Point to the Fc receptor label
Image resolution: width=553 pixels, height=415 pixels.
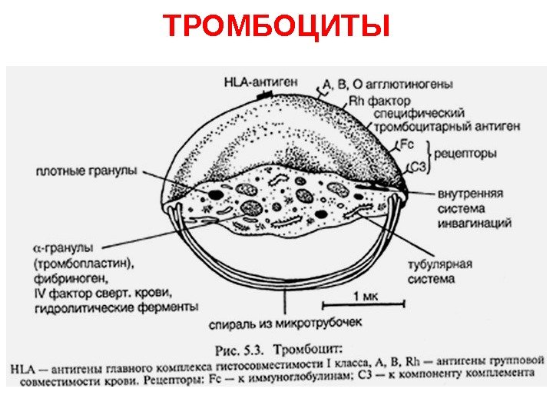coord(408,144)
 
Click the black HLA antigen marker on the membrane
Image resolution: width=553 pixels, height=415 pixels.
coord(265,94)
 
